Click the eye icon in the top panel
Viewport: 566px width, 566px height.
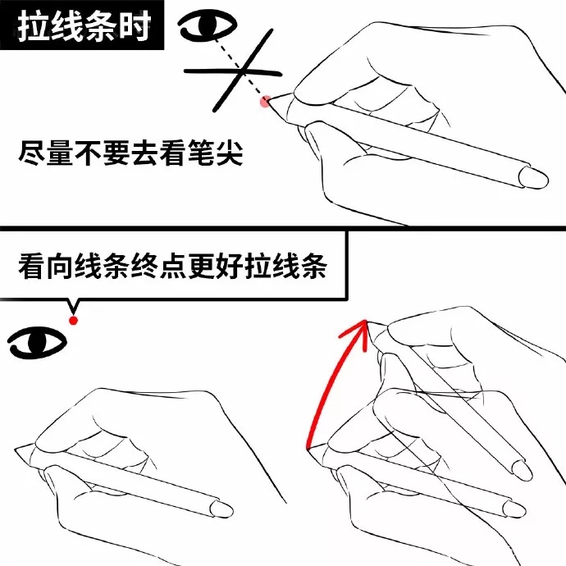(208, 25)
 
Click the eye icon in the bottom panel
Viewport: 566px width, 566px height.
(37, 343)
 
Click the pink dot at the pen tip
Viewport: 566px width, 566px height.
(265, 102)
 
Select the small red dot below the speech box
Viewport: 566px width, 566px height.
(74, 320)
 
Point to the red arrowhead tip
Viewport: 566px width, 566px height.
(366, 320)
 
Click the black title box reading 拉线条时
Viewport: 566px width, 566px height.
(82, 25)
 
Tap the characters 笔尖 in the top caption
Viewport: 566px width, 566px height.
(216, 153)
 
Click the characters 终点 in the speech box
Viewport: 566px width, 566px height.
(158, 266)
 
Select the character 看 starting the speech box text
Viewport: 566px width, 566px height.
(32, 266)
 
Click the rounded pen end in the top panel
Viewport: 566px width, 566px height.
(534, 177)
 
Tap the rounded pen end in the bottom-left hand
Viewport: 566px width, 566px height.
(221, 509)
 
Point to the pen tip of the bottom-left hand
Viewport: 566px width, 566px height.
(16, 450)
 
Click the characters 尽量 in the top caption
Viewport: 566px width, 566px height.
(46, 153)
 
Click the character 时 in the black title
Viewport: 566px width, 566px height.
(135, 25)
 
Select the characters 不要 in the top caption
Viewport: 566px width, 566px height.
(103, 153)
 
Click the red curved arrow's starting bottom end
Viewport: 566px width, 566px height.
(308, 449)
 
